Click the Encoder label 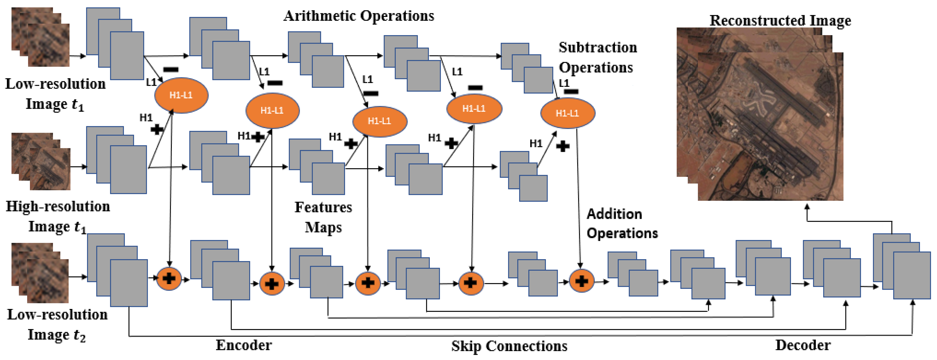click(244, 345)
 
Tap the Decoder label click(803, 345)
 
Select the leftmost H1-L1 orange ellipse click(181, 95)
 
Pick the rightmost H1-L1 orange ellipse click(567, 113)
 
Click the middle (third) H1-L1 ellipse click(379, 121)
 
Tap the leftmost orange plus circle click(169, 279)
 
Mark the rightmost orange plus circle click(581, 281)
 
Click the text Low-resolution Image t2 click(57, 324)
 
